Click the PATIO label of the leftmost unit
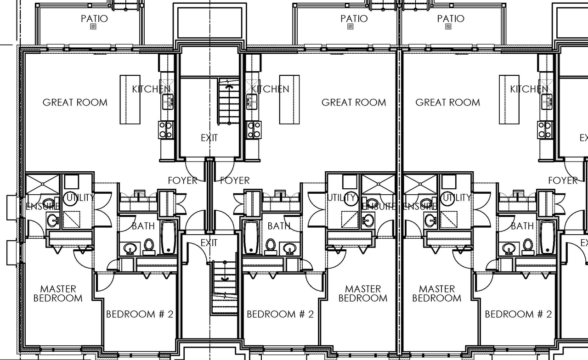tap(94, 19)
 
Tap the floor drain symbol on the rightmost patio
tap(448, 27)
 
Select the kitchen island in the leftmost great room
tap(130, 100)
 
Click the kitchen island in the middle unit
tap(289, 100)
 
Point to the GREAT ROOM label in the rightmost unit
tap(447, 102)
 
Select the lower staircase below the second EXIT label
tap(224, 287)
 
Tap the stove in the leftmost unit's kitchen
tap(165, 129)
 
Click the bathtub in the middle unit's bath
tap(250, 237)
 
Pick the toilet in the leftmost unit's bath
tap(149, 246)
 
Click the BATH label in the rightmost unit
tap(522, 226)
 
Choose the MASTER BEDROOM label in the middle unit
tap(363, 293)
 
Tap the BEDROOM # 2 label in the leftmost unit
tap(140, 315)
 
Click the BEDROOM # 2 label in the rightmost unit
tap(518, 315)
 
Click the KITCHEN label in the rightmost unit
tap(529, 89)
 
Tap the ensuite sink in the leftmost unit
tap(52, 220)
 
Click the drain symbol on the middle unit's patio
tap(351, 27)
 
